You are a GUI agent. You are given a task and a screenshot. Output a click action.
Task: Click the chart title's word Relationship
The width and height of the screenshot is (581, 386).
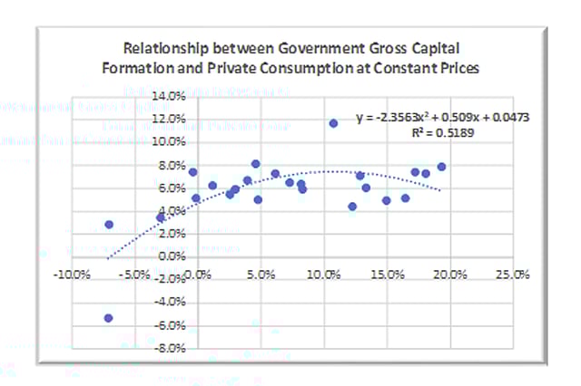click(159, 47)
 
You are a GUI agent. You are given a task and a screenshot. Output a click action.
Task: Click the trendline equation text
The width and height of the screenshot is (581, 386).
click(442, 118)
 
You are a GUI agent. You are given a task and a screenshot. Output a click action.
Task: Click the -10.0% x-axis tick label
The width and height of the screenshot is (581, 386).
click(70, 273)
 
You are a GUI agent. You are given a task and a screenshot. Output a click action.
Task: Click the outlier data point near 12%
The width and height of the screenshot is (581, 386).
click(333, 123)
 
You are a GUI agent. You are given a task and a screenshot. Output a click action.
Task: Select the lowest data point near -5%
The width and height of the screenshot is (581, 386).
click(108, 318)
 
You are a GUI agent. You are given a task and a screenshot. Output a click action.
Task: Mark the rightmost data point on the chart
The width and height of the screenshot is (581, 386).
click(441, 167)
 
